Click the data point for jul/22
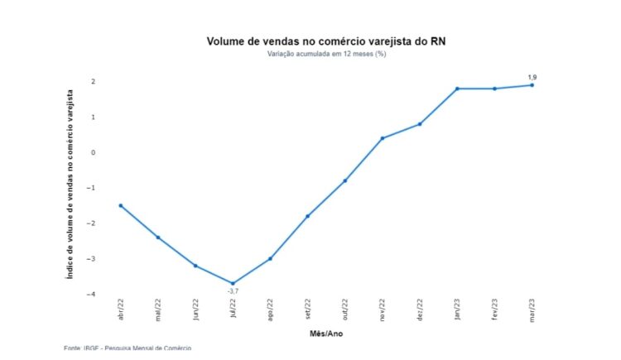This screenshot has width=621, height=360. (233, 283)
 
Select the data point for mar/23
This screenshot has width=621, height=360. (532, 85)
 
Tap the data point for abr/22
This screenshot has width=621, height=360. (120, 205)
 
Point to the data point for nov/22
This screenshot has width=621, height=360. (382, 138)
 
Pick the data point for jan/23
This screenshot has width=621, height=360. (457, 89)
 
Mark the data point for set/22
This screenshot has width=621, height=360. (307, 216)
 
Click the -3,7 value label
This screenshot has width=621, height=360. (233, 291)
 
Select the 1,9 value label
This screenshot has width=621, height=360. (532, 77)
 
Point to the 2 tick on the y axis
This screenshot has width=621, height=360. (94, 82)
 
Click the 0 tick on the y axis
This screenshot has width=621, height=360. (94, 152)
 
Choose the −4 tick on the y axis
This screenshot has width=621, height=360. (93, 294)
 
